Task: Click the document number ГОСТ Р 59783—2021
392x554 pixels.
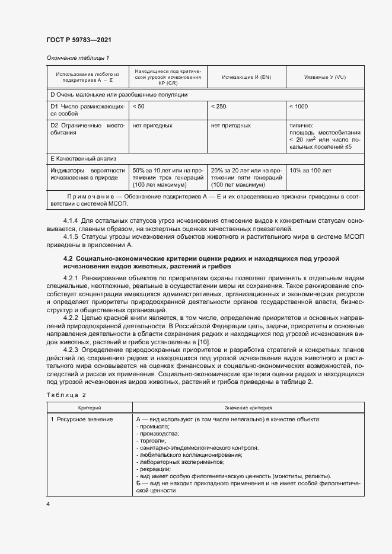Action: pyautogui.click(x=78, y=40)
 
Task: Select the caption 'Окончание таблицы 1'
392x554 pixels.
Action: pyautogui.click(x=78, y=57)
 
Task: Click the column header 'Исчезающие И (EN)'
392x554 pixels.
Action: pyautogui.click(x=246, y=78)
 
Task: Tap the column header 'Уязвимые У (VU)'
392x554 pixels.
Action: pyautogui.click(x=324, y=78)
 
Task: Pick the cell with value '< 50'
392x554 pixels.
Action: pyautogui.click(x=138, y=106)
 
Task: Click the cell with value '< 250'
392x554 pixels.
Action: pyautogui.click(x=218, y=106)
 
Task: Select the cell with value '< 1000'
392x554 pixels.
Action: pyautogui.click(x=298, y=106)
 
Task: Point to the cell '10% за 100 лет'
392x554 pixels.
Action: pyautogui.click(x=310, y=170)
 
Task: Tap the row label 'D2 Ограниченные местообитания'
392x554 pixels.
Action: pyautogui.click(x=88, y=129)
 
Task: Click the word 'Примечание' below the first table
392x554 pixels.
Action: pyautogui.click(x=89, y=196)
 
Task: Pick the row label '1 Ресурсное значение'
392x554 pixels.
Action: pyautogui.click(x=81, y=419)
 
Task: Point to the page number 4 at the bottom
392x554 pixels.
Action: pyautogui.click(x=48, y=504)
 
